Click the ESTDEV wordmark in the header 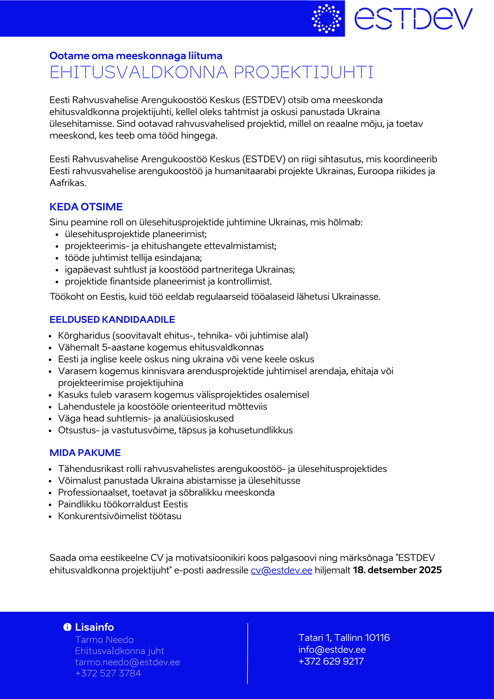click(x=413, y=18)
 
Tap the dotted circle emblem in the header click(x=327, y=18)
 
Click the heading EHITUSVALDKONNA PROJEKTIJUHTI click(x=212, y=73)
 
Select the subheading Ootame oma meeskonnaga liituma click(x=136, y=56)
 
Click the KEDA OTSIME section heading click(x=86, y=207)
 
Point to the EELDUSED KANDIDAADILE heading click(x=112, y=320)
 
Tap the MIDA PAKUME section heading click(x=85, y=453)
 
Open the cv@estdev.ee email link click(x=281, y=570)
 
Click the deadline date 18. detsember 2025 click(x=397, y=570)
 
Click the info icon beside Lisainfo click(x=67, y=627)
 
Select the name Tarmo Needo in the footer click(x=104, y=640)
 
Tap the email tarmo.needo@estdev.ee click(x=127, y=662)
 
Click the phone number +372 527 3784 click(x=108, y=673)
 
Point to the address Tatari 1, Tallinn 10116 click(x=344, y=638)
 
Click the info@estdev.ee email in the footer click(x=332, y=650)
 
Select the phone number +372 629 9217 click(x=331, y=662)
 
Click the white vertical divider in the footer click(x=247, y=654)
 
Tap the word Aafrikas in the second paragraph click(x=68, y=183)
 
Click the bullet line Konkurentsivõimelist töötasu click(x=120, y=516)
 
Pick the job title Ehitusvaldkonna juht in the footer click(x=120, y=651)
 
